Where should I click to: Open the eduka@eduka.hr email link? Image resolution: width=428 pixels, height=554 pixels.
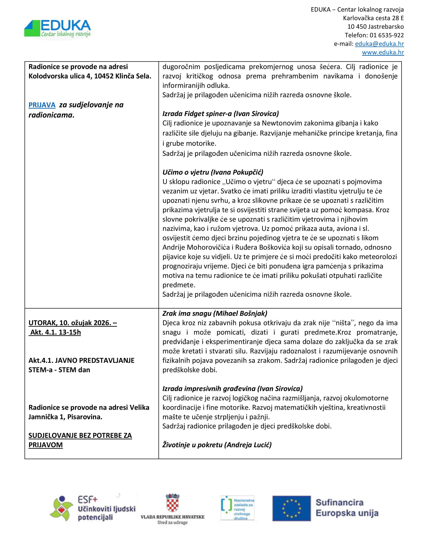(379, 44)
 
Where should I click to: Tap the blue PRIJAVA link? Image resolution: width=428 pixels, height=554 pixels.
(42, 105)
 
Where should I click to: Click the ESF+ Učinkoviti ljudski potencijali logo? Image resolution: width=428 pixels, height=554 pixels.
(93, 508)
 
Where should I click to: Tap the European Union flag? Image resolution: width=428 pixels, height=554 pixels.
(291, 508)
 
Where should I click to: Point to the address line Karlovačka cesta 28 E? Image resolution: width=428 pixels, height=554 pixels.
(373, 18)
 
